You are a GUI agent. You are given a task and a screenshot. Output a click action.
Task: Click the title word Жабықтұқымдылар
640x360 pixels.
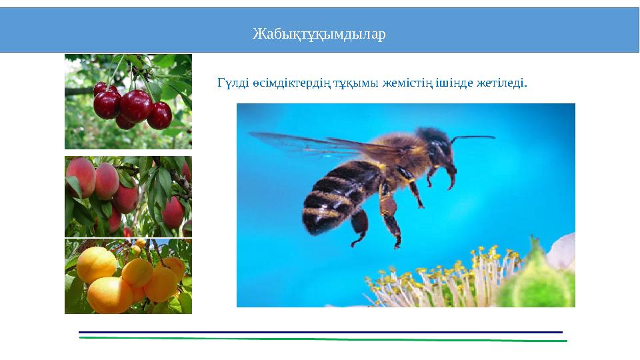click(x=319, y=34)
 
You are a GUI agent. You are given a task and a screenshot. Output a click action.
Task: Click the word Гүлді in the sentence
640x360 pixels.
click(x=232, y=83)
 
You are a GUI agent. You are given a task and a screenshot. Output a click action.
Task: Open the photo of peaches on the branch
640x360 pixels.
click(x=128, y=196)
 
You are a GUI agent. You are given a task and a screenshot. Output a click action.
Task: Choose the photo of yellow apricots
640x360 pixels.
click(x=128, y=277)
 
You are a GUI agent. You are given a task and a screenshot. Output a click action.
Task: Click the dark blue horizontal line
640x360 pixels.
click(x=320, y=331)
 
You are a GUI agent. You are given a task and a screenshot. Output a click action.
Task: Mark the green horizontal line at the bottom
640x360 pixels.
click(x=320, y=339)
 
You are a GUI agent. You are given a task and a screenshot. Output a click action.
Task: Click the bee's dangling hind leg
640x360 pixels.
click(x=389, y=220)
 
